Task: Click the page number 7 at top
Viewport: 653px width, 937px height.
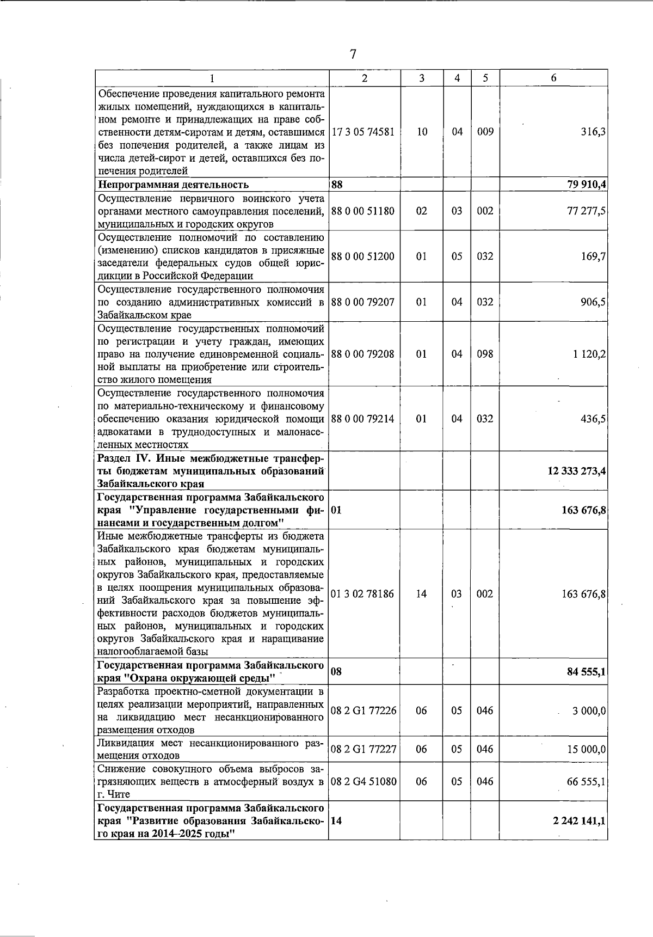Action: [353, 54]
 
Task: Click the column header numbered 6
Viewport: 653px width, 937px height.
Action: [553, 78]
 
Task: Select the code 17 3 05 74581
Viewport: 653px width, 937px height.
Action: [363, 132]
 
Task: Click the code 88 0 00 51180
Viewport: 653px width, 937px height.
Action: [363, 211]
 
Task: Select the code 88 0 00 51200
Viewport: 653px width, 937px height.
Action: [363, 256]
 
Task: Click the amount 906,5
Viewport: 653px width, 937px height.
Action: [593, 302]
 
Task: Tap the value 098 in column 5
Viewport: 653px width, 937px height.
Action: [485, 354]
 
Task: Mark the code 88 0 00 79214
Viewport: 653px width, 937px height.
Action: [363, 419]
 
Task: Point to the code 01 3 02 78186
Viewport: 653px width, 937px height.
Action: [363, 594]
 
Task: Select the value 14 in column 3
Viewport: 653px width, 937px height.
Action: [422, 594]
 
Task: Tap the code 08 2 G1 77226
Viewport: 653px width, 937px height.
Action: [364, 711]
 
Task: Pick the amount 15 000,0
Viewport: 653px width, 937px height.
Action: [586, 750]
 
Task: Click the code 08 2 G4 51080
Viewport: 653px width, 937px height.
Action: [364, 781]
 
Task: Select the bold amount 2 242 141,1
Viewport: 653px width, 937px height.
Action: [579, 820]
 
